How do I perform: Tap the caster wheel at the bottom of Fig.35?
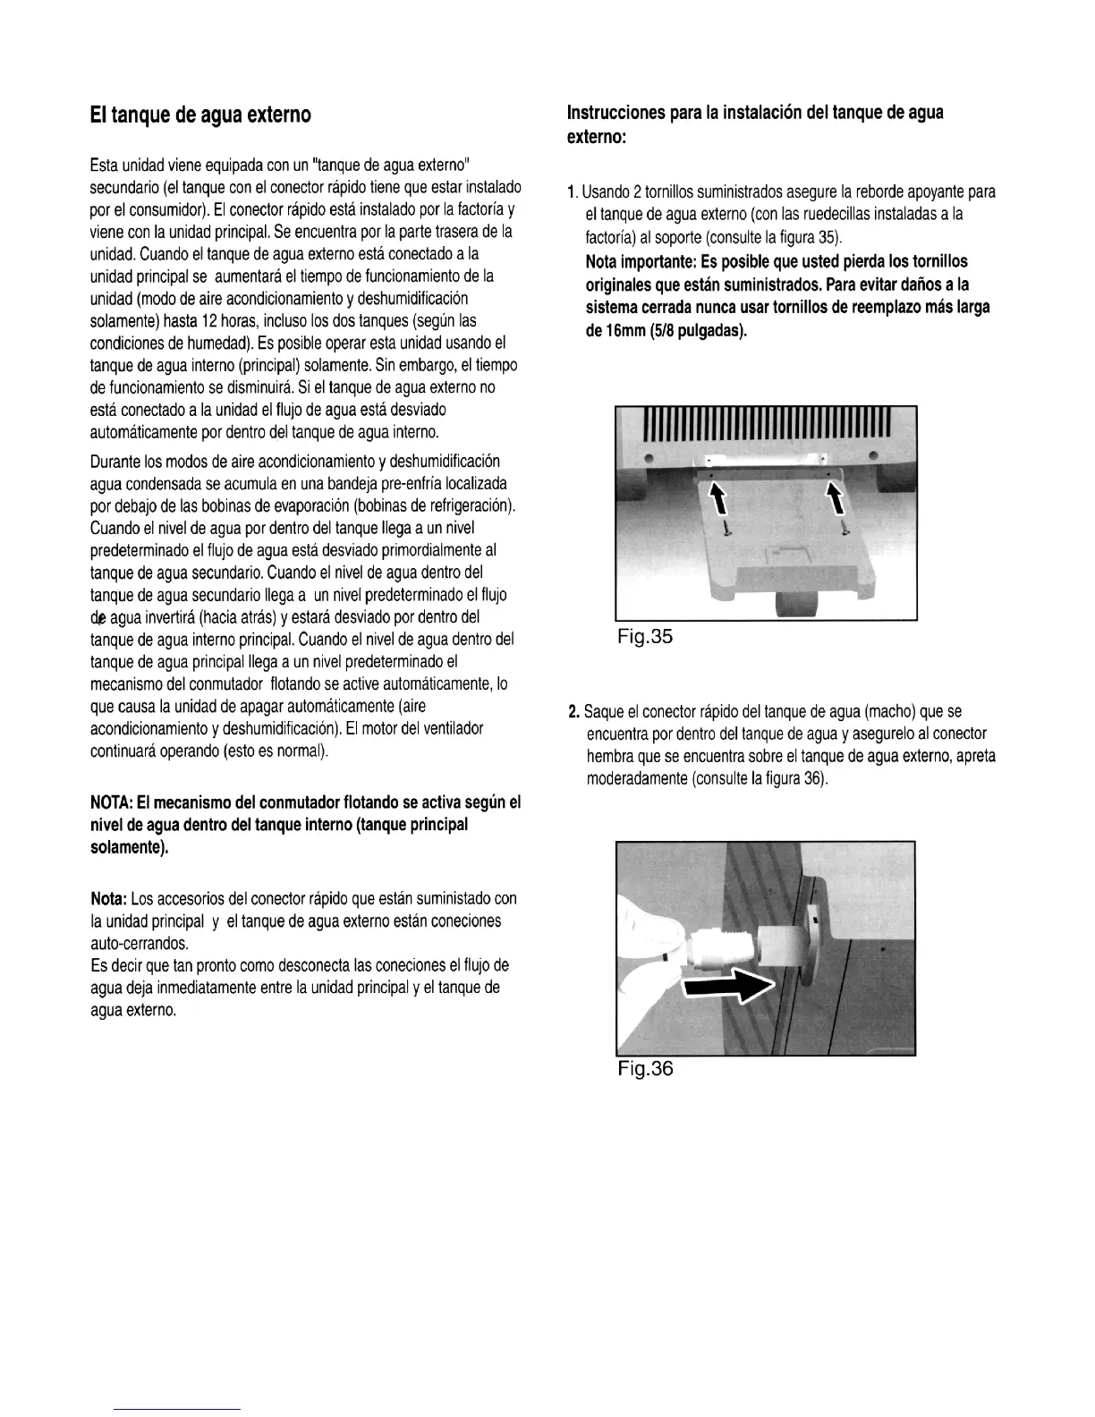(x=794, y=608)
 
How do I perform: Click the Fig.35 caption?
(x=644, y=637)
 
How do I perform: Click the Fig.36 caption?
(x=644, y=1069)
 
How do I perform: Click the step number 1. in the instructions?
(x=573, y=192)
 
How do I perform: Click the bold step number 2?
(x=573, y=712)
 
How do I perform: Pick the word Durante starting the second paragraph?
(x=115, y=462)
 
